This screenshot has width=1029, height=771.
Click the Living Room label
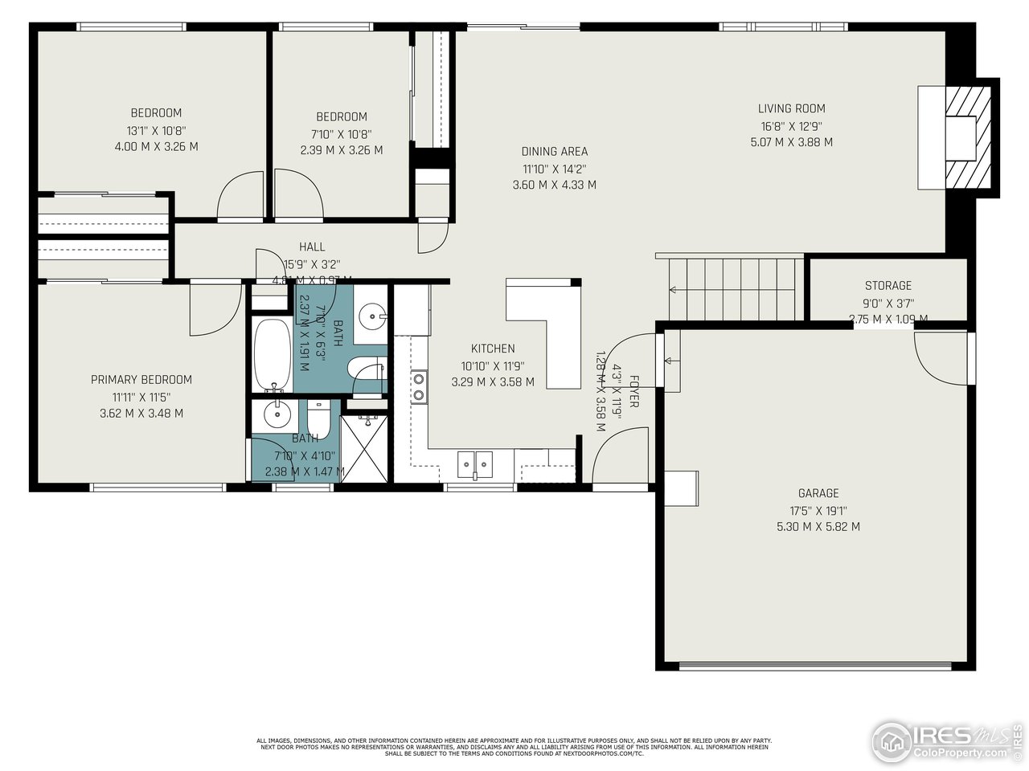click(791, 108)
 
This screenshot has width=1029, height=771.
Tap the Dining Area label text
click(554, 151)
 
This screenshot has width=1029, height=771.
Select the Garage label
click(818, 493)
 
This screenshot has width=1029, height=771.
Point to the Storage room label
click(888, 285)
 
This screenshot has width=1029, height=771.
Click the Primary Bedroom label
click(141, 380)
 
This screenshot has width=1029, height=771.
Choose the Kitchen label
click(493, 349)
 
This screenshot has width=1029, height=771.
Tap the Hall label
click(312, 247)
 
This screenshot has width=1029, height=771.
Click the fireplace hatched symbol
click(969, 137)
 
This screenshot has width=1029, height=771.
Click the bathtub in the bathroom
click(272, 354)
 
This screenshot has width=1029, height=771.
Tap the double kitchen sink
click(475, 463)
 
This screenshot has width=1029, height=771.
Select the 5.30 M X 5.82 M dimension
click(818, 527)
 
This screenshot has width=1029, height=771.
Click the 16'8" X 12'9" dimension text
click(791, 125)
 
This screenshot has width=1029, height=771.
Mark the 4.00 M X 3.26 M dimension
click(156, 147)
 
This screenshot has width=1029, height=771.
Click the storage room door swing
click(943, 357)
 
